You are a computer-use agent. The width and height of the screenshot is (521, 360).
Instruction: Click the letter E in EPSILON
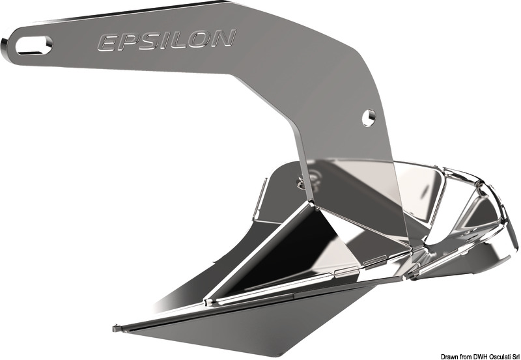click(x=107, y=43)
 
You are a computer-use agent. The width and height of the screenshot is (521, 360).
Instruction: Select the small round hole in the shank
click(x=369, y=117)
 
